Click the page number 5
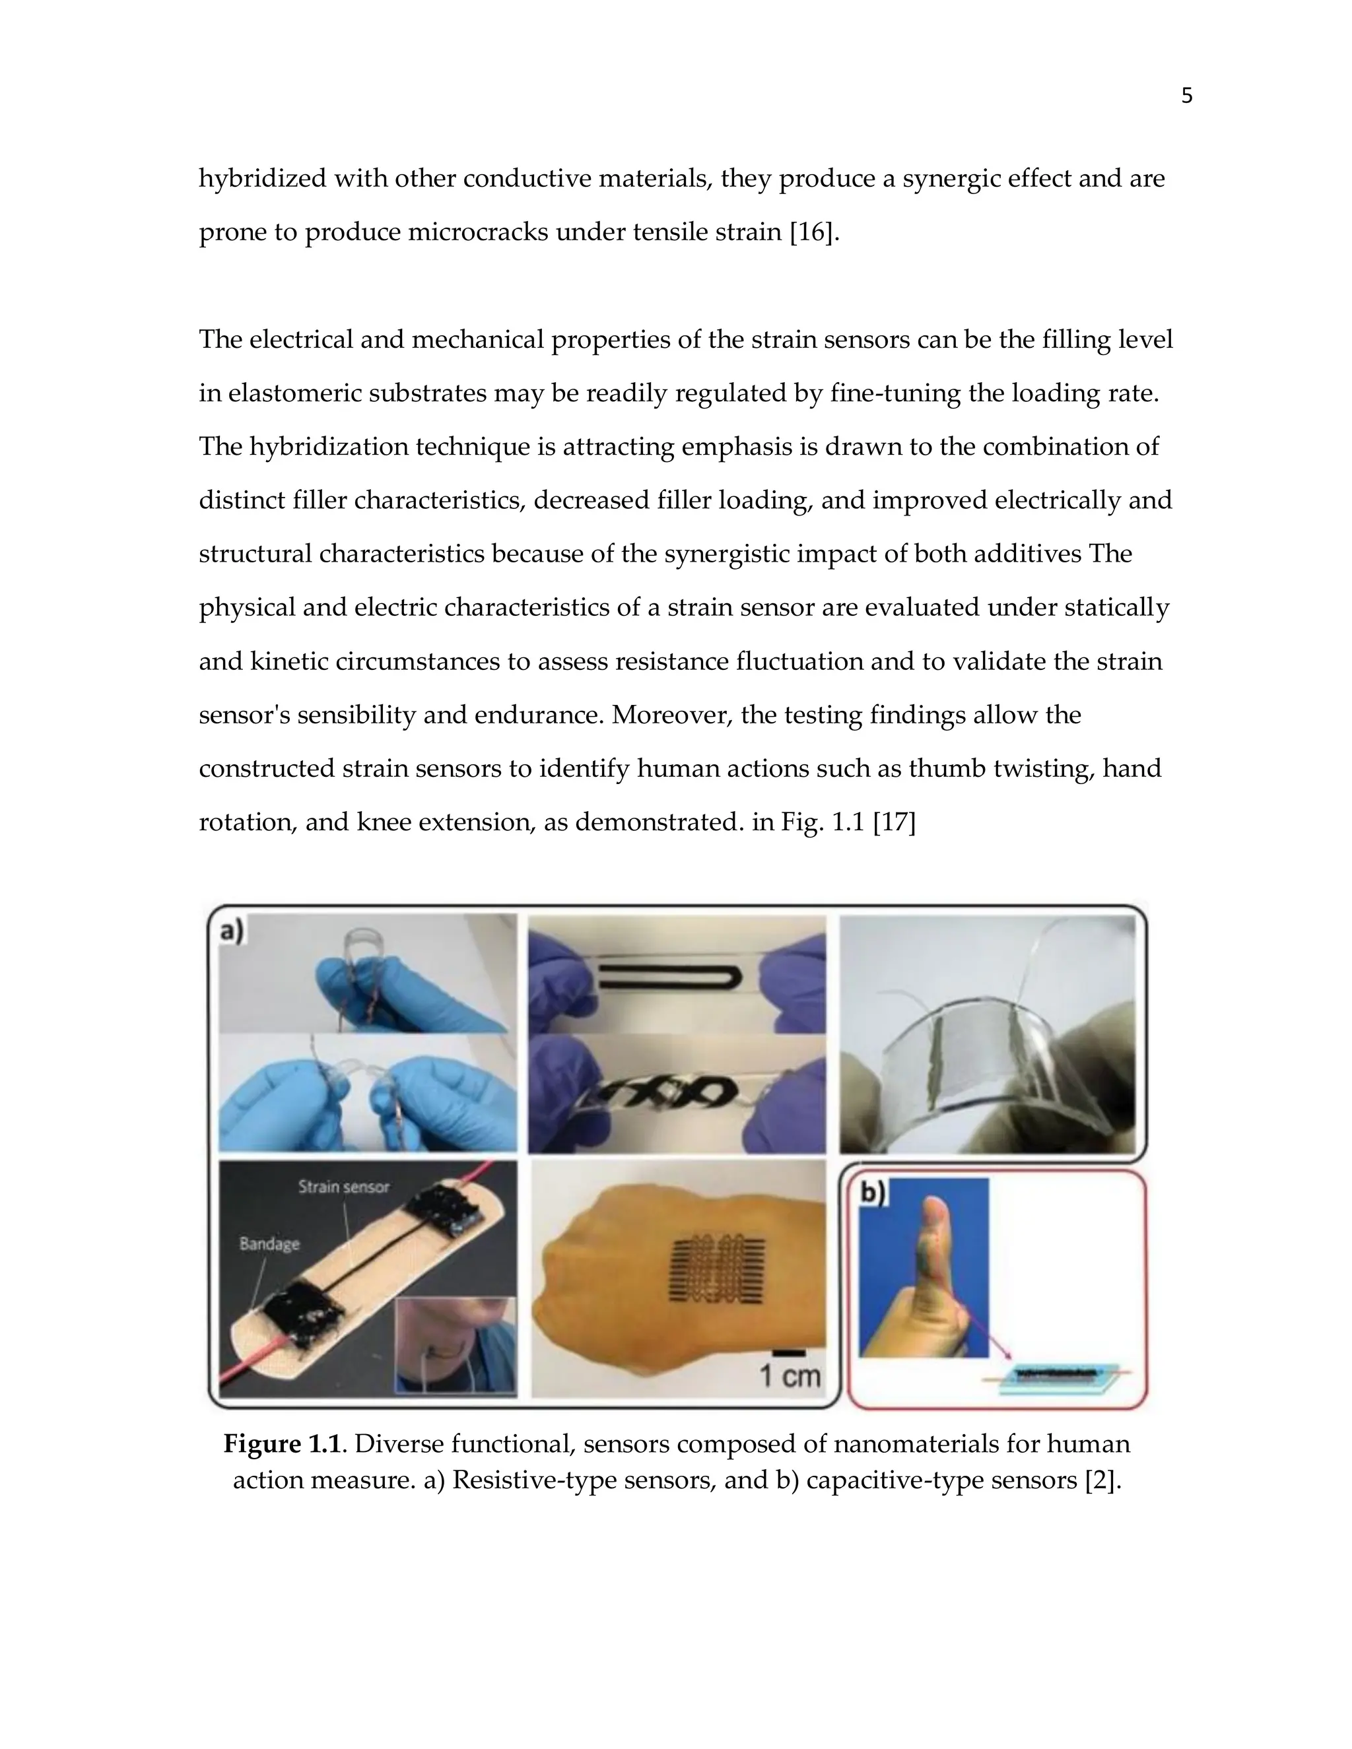[1186, 96]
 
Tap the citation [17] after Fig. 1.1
[893, 822]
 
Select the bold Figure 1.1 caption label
[282, 1444]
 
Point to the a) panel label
[232, 931]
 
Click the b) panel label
[873, 1193]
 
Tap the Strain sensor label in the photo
[343, 1187]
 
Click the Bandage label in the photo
[269, 1243]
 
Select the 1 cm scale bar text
[790, 1376]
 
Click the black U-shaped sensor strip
[673, 976]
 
